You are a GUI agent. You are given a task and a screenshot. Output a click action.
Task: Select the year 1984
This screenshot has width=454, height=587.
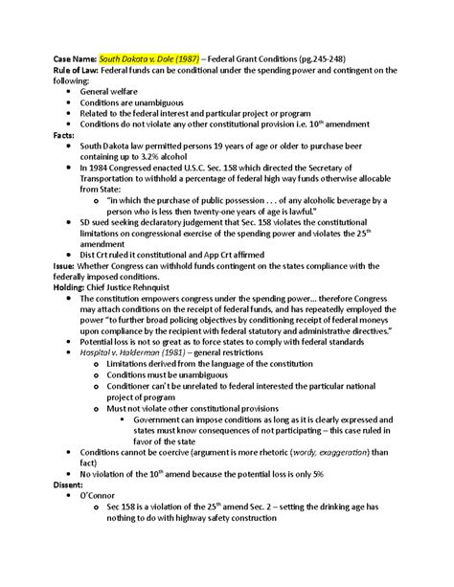[x=127, y=178]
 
